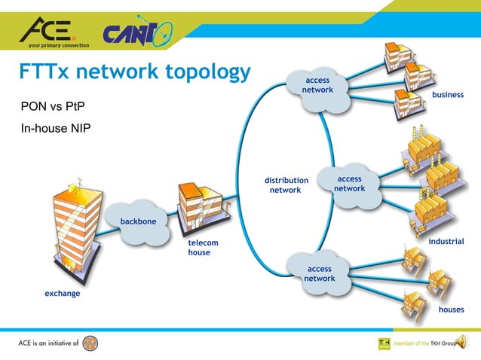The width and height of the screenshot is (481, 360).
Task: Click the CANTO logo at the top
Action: (137, 34)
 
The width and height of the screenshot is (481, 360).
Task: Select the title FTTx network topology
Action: (134, 72)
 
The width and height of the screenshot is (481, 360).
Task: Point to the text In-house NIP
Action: (55, 129)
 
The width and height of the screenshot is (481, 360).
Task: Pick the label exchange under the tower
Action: (62, 293)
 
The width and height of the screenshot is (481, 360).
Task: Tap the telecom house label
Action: (203, 248)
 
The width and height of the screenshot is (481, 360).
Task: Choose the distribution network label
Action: (286, 185)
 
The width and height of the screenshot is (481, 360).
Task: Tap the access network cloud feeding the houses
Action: (319, 273)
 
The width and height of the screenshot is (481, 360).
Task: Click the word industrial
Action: (446, 241)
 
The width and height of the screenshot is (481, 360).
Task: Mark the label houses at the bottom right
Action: (451, 309)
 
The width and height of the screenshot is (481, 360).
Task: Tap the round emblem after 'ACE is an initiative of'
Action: (90, 343)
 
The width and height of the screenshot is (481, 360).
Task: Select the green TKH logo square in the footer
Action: (384, 343)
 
